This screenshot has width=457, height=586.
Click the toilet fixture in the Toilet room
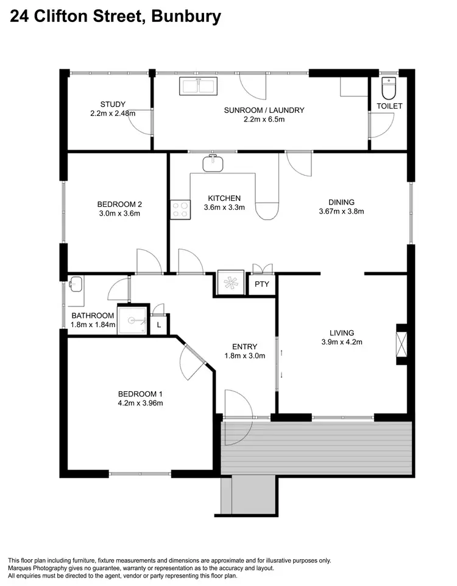pyautogui.click(x=388, y=89)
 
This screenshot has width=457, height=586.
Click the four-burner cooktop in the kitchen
pyautogui.click(x=180, y=209)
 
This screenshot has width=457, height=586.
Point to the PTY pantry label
pyautogui.click(x=262, y=284)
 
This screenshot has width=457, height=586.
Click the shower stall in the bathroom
pyautogui.click(x=133, y=319)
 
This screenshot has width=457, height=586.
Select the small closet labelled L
pyautogui.click(x=158, y=325)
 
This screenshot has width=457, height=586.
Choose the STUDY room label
pyautogui.click(x=113, y=104)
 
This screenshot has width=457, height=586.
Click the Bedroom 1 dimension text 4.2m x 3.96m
pyautogui.click(x=140, y=403)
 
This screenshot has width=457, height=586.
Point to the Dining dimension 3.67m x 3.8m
pyautogui.click(x=341, y=212)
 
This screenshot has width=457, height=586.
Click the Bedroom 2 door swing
pyautogui.click(x=148, y=261)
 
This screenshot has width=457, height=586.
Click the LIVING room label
pyautogui.click(x=341, y=333)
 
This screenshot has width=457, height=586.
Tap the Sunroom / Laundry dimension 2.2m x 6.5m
pyautogui.click(x=263, y=120)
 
